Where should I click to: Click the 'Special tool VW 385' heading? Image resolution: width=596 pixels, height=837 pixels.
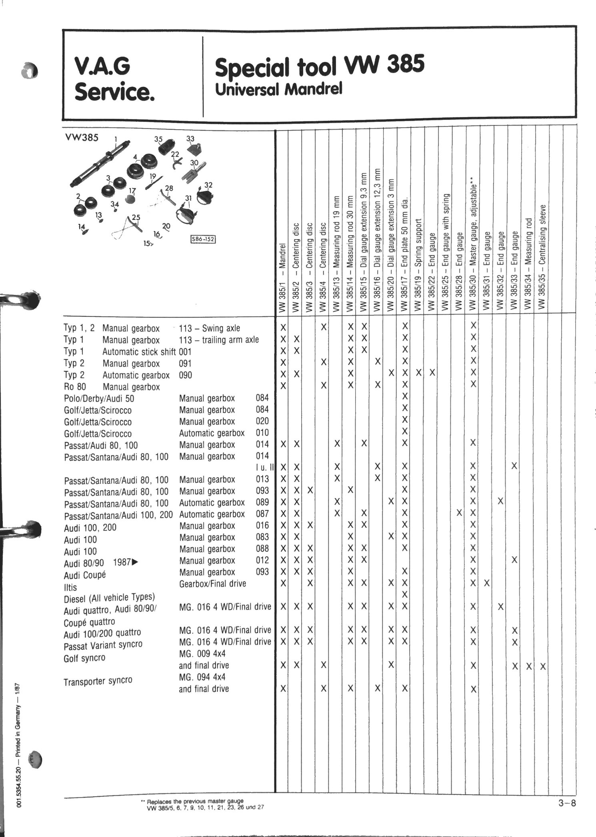[319, 66]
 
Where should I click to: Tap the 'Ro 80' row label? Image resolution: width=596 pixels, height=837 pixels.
[74, 387]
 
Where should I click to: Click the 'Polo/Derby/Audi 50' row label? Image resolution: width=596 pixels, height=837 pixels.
[99, 399]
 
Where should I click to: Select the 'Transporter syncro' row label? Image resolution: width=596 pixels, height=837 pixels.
[98, 681]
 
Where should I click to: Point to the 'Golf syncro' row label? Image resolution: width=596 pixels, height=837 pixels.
[84, 658]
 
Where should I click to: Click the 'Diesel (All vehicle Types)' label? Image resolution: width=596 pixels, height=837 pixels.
[109, 598]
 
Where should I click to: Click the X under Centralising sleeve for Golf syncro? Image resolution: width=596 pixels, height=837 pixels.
[542, 667]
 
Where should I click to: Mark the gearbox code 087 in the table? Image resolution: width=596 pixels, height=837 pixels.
[262, 514]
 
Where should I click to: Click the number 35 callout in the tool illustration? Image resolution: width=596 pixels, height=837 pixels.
[159, 139]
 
